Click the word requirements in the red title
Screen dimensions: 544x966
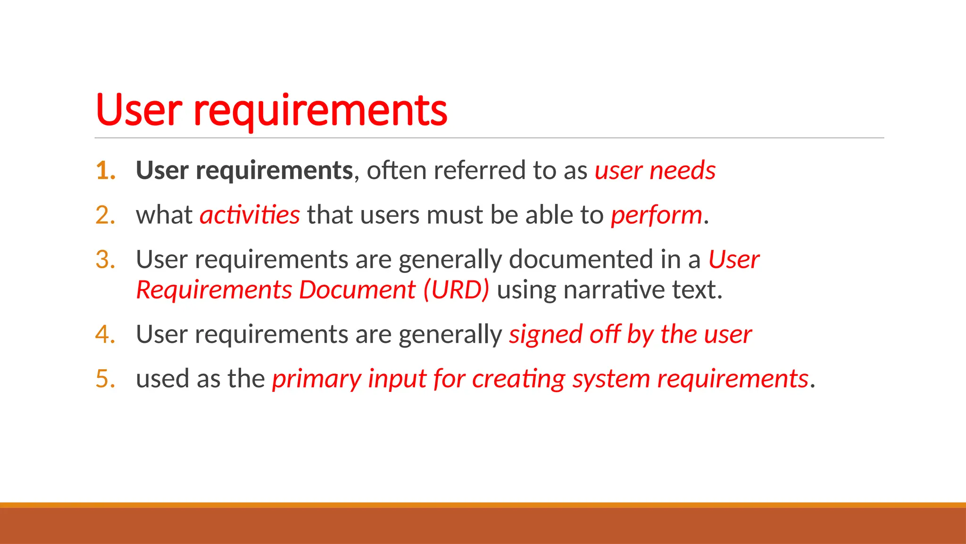(x=320, y=111)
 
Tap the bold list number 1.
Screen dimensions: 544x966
(x=105, y=170)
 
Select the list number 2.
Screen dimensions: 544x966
(x=105, y=215)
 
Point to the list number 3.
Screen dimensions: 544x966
(x=105, y=260)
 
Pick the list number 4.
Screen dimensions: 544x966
(x=105, y=334)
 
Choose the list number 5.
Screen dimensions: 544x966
(x=105, y=379)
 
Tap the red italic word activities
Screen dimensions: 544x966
(x=250, y=215)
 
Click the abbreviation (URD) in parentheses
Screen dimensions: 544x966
(x=456, y=289)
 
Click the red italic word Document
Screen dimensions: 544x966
(x=357, y=289)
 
